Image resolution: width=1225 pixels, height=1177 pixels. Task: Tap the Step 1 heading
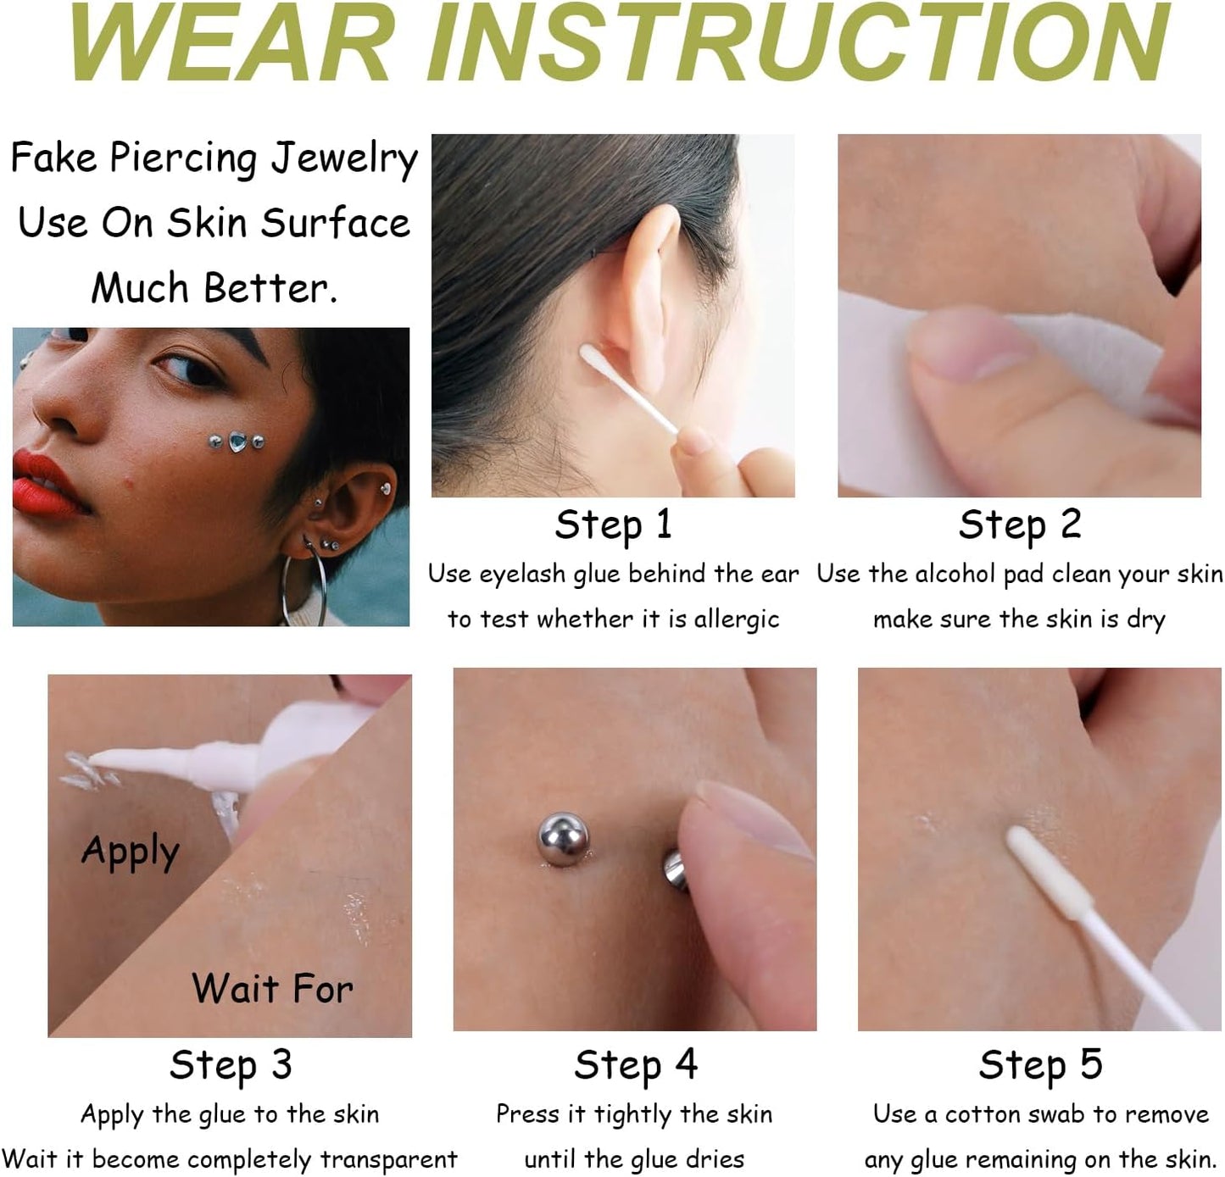tap(613, 525)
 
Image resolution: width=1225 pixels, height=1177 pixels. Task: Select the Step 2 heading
tap(1019, 525)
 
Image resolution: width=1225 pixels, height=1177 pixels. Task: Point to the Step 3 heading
tap(231, 1065)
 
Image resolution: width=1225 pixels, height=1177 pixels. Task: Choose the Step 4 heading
tap(635, 1065)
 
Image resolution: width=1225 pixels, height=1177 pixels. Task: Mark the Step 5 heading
tap(1040, 1065)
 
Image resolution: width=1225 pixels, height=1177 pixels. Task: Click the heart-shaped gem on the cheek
tap(238, 441)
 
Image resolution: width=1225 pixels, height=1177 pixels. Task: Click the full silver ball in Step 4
tap(563, 838)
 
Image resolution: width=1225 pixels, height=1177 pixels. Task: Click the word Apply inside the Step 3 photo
tap(131, 852)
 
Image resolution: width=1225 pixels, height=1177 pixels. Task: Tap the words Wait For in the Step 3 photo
tap(272, 989)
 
